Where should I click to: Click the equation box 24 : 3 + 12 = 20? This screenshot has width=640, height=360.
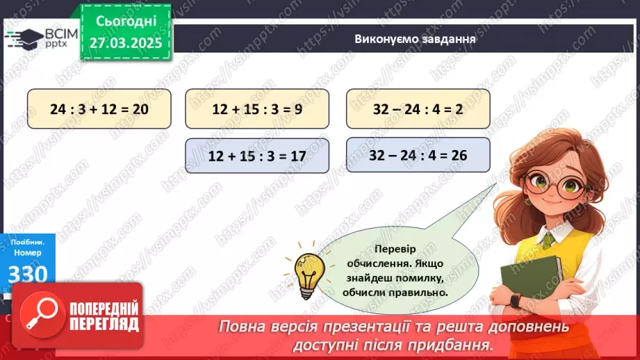(99, 108)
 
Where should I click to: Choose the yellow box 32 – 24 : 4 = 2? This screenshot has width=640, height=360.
(418, 108)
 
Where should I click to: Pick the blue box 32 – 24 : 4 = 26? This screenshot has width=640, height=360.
(418, 156)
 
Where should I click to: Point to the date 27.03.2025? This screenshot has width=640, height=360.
(124, 43)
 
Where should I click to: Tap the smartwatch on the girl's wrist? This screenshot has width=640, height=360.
(514, 301)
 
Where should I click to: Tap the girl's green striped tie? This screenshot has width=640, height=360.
(548, 239)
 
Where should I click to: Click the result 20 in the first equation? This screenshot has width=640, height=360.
(140, 108)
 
